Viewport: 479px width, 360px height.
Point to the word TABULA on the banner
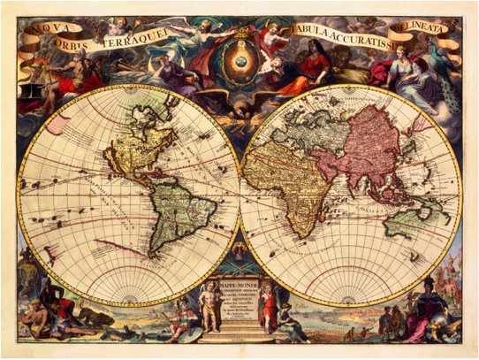tap(312, 34)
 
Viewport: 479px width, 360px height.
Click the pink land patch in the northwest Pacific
tap(58, 125)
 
